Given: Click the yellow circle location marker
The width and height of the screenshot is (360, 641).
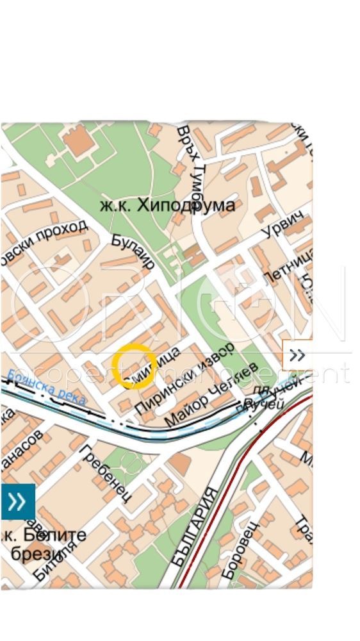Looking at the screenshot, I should point(134,366).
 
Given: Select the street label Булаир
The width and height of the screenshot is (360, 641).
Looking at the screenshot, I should point(133,252).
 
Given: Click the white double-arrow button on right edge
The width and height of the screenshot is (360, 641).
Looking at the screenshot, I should point(297,355).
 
